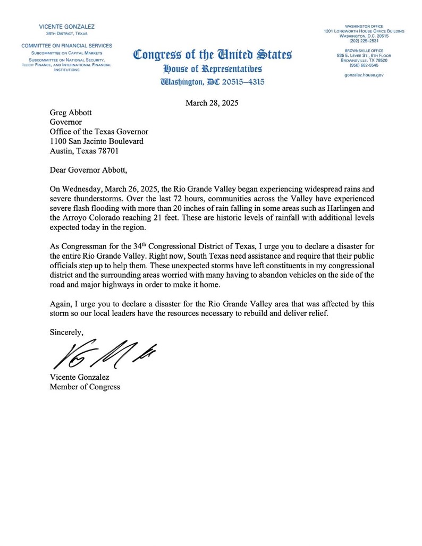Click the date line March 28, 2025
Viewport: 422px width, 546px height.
[212, 103]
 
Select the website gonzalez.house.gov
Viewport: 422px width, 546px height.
[364, 75]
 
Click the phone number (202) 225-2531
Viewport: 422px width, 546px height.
[364, 42]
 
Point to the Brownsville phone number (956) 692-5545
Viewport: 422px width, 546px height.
[364, 65]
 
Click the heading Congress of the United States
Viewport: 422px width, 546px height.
[212, 55]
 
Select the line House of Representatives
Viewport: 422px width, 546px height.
[212, 69]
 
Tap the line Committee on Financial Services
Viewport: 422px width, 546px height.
[67, 46]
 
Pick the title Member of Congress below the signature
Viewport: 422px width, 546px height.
[85, 387]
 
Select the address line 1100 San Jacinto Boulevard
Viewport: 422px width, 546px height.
[96, 141]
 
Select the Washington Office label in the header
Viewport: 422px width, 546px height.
[364, 26]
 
